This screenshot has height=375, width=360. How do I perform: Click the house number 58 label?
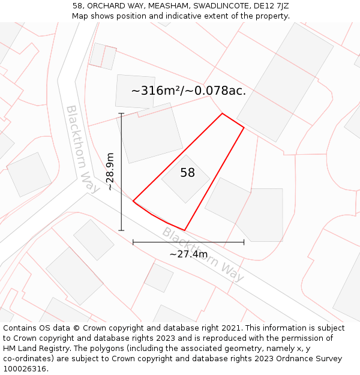tap(187, 173)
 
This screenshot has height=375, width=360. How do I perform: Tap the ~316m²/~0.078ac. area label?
tap(188, 91)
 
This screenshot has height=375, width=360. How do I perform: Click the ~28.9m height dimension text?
tap(110, 172)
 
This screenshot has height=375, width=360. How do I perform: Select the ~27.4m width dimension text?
tap(188, 254)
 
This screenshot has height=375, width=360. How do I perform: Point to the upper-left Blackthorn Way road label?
tap(82, 149)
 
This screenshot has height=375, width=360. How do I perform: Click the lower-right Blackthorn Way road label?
tap(203, 254)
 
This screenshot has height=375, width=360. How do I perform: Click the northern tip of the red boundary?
tap(223, 113)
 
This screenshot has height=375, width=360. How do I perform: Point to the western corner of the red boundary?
tap(133, 201)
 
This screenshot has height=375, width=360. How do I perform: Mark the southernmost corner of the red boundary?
tap(184, 230)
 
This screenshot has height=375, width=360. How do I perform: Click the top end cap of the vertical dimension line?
tap(121, 113)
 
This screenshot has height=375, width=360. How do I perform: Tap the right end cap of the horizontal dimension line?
tap(244, 242)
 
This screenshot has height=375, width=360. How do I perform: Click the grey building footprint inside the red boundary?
tap(186, 179)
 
